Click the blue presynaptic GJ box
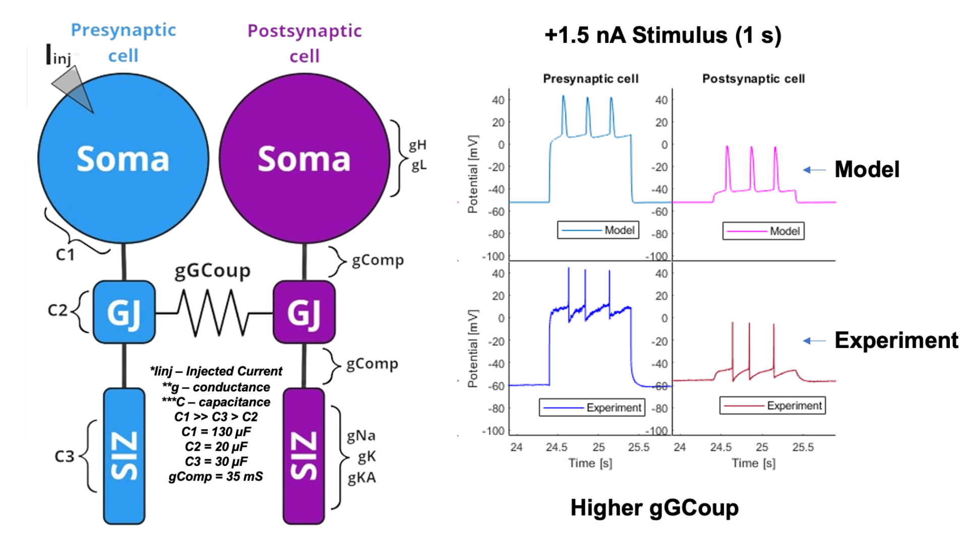tap(124, 312)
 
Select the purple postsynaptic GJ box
tap(304, 312)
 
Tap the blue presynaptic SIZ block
tap(124, 456)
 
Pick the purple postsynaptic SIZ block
tap(304, 456)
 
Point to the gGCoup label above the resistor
tap(212, 271)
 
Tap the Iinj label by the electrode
tap(59, 55)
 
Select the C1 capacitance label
tap(65, 255)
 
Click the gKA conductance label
tap(361, 478)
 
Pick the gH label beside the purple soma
tap(417, 146)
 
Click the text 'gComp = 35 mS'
tap(216, 477)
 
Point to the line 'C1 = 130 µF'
tap(216, 432)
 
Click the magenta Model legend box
tap(763, 231)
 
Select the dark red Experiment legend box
tap(772, 405)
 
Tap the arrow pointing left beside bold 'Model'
tap(814, 170)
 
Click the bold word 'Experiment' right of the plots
tap(896, 341)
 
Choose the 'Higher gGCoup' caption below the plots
tap(654, 508)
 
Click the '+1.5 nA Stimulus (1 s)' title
tap(663, 35)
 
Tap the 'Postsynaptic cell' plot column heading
tap(754, 79)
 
